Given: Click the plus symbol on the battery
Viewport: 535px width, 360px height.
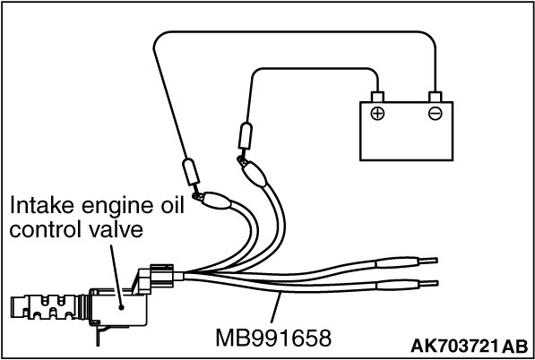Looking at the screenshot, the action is click(377, 114).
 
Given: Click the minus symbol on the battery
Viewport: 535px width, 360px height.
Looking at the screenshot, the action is click(436, 114).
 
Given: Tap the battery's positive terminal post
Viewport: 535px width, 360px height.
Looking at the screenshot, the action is click(377, 97).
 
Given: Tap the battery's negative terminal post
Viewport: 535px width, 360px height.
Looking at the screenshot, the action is click(436, 97).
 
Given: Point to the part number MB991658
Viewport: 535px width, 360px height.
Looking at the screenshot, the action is click(273, 338).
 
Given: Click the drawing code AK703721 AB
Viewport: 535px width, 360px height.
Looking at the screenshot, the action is click(470, 347).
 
